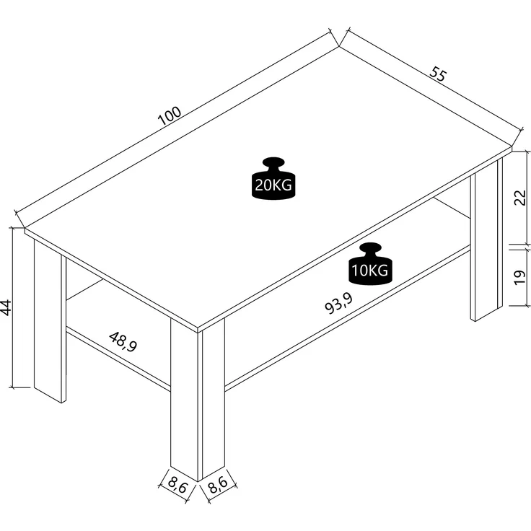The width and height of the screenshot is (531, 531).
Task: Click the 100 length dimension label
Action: [x=170, y=115]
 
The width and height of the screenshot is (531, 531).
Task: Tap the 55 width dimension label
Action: [x=438, y=74]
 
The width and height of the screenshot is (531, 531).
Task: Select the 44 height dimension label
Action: [x=6, y=307]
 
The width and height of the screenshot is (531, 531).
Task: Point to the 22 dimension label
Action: [x=520, y=198]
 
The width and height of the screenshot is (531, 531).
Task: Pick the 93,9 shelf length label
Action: [x=338, y=304]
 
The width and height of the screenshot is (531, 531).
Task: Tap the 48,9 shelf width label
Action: [x=123, y=342]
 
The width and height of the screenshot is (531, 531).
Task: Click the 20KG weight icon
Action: [x=273, y=178]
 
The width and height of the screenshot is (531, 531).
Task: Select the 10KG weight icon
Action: [x=370, y=264]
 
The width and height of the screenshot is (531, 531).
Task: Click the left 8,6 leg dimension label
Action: [x=177, y=486]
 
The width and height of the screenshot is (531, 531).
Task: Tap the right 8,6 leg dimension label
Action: [x=218, y=486]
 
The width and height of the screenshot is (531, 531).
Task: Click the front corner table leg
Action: [x=198, y=400]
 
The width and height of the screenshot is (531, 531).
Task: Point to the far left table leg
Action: [x=50, y=321]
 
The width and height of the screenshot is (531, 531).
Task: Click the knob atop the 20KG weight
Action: [x=273, y=162]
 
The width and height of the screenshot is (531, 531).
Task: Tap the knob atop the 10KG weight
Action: [x=370, y=248]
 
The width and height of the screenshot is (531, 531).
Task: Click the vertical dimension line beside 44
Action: [x=12, y=307]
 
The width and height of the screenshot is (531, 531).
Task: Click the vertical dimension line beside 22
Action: [x=527, y=198]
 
